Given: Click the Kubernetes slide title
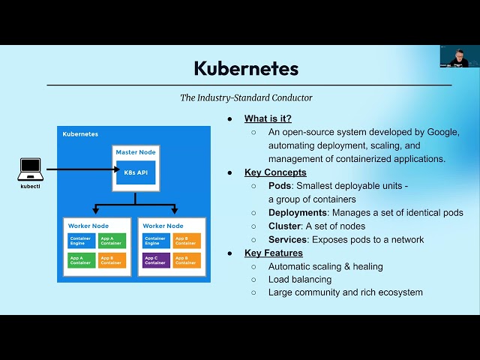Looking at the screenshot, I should (x=246, y=68).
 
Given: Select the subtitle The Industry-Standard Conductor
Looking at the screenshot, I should (x=246, y=97).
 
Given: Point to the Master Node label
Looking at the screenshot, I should (x=136, y=152).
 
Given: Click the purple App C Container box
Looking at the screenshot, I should (x=155, y=260).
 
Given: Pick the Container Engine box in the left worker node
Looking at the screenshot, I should (x=81, y=241).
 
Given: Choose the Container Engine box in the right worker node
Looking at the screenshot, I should (x=155, y=241).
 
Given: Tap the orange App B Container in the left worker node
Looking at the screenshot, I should (x=111, y=260).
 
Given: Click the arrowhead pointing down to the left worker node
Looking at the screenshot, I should (x=96, y=211).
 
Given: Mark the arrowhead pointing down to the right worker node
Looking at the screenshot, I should (x=175, y=211).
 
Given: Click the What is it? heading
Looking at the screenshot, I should (x=268, y=118).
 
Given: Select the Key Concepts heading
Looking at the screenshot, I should (x=275, y=172).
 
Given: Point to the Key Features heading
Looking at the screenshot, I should (x=274, y=253).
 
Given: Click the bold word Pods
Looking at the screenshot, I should (x=280, y=186).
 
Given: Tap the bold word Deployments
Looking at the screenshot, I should (x=297, y=213).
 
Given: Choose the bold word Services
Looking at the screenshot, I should (x=288, y=240).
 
